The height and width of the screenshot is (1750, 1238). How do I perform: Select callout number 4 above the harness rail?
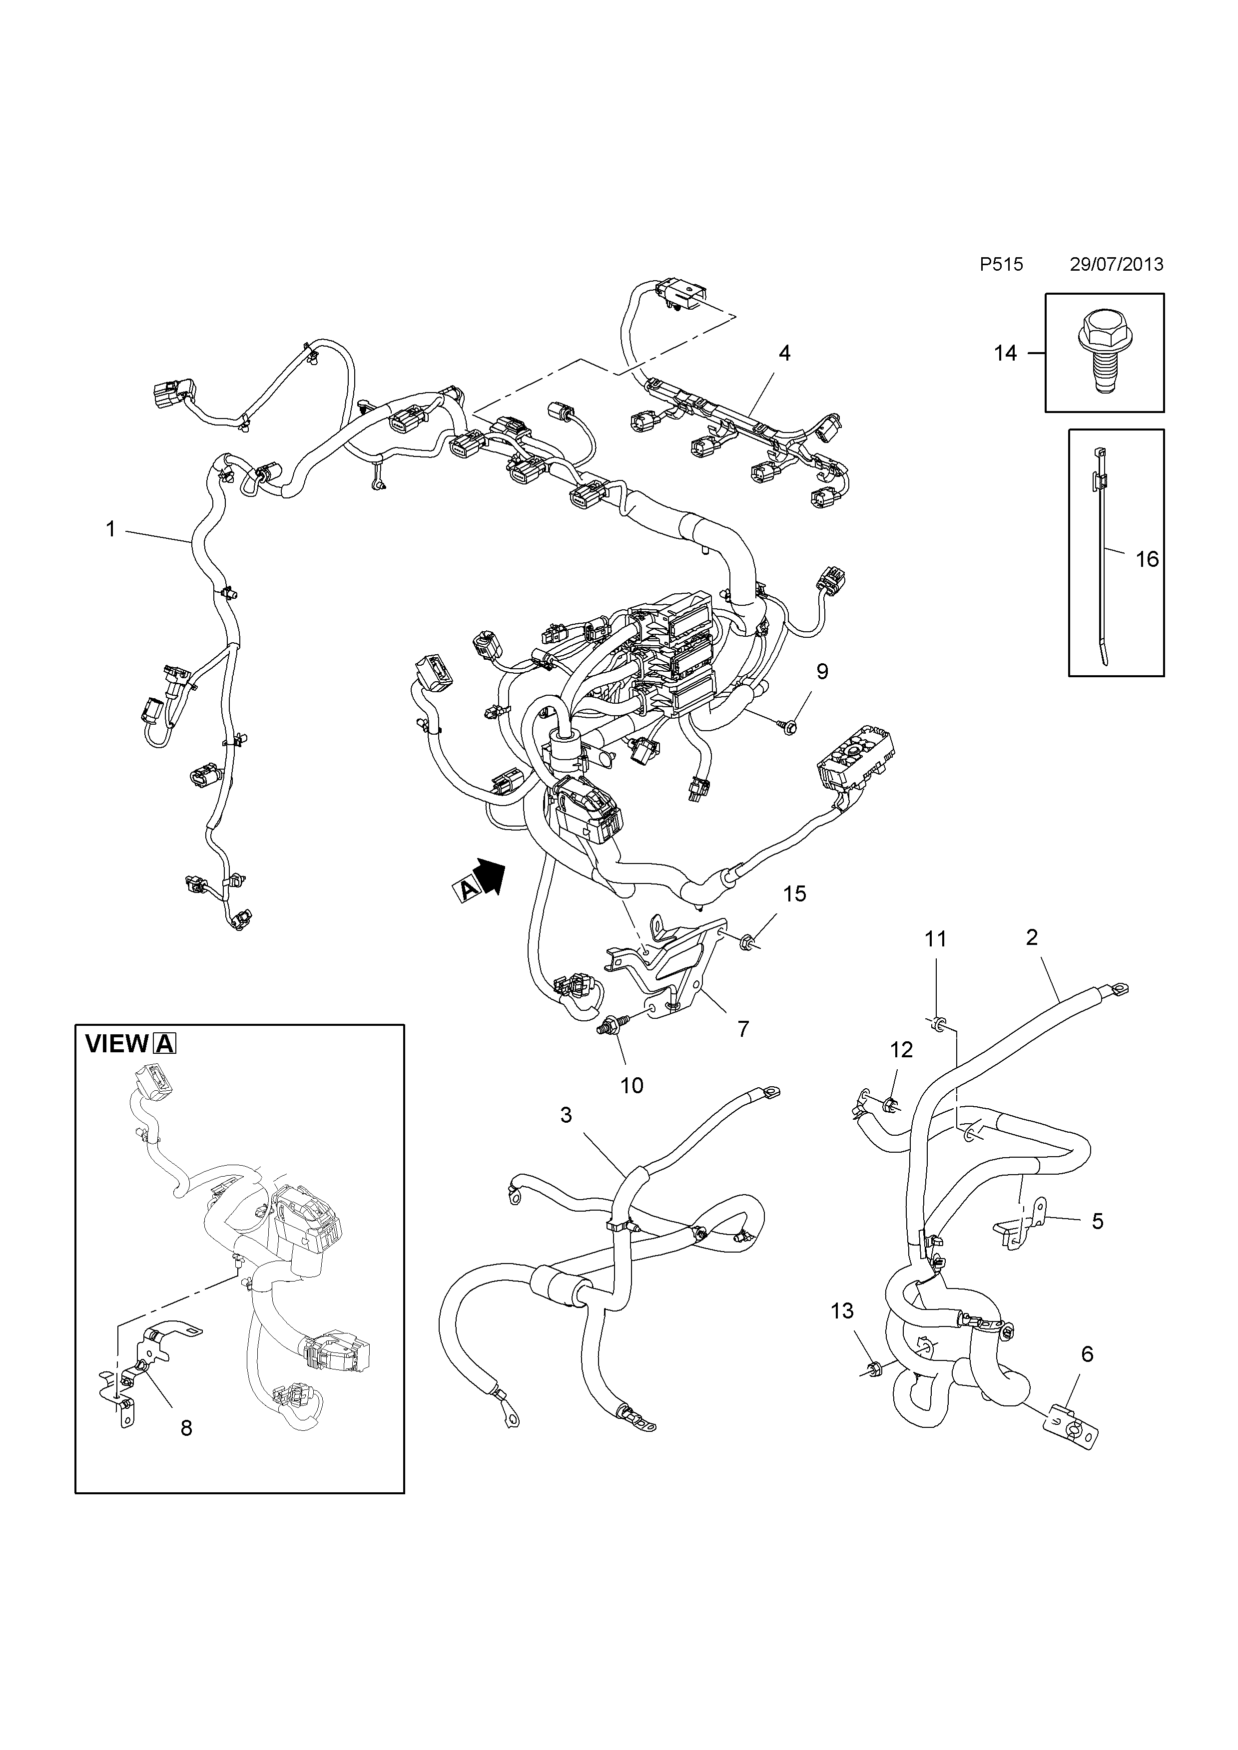pyautogui.click(x=784, y=353)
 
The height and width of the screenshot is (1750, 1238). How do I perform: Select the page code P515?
pyautogui.click(x=1001, y=265)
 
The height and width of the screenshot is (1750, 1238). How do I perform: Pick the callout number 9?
pyautogui.click(x=822, y=672)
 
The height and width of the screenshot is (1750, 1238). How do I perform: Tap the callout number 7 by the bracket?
pyautogui.click(x=743, y=1029)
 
